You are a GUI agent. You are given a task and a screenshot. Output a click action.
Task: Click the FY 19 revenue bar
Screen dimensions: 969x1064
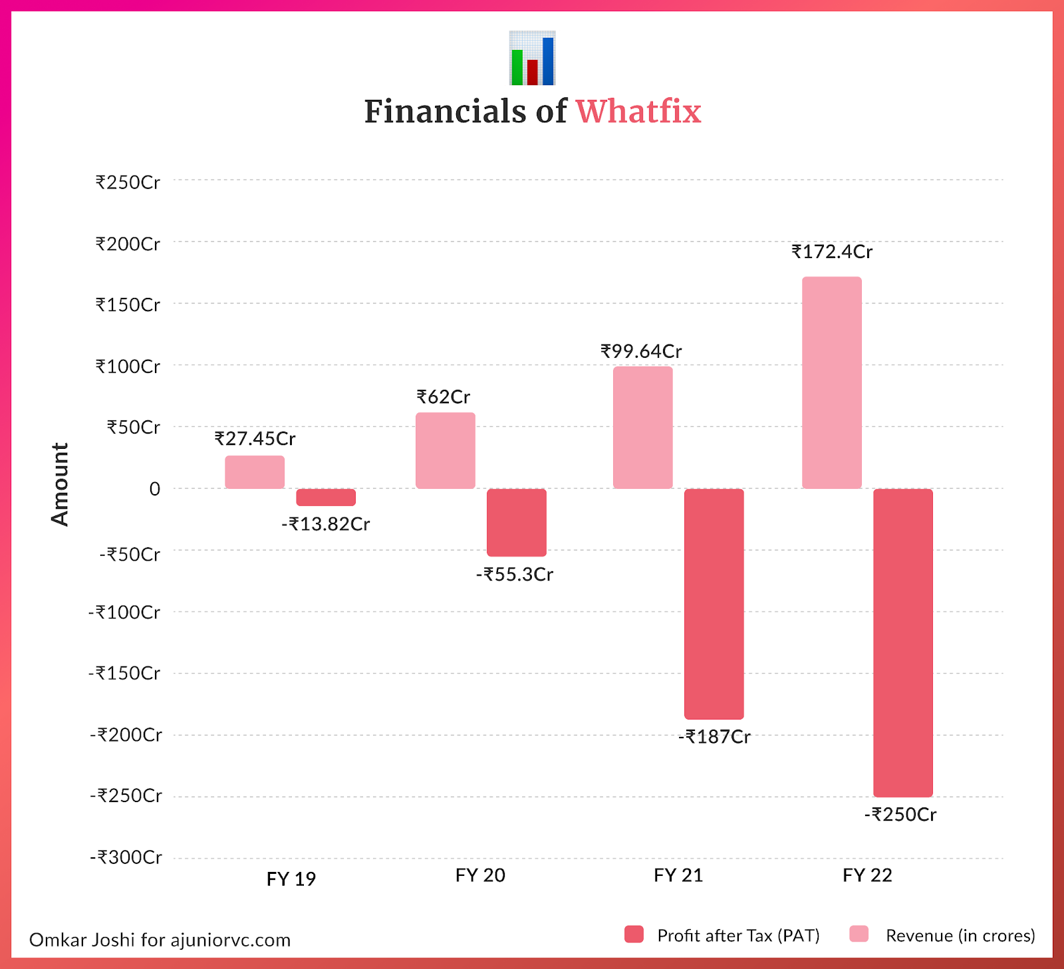click(255, 472)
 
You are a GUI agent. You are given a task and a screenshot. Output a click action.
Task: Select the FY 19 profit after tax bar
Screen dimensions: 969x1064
click(326, 497)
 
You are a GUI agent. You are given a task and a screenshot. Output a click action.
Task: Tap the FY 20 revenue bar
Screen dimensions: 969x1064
click(446, 451)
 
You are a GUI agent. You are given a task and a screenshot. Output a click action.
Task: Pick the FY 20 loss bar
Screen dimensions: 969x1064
click(517, 523)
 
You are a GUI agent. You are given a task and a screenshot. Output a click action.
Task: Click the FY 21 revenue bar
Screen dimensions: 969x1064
click(642, 428)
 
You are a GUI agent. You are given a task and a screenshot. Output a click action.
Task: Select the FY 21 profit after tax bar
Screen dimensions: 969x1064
click(714, 604)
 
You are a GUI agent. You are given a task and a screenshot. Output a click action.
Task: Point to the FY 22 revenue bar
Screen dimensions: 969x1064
click(832, 382)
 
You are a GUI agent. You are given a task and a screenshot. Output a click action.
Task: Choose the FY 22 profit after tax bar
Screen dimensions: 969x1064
click(903, 642)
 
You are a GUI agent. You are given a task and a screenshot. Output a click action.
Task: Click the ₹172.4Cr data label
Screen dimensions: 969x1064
click(832, 252)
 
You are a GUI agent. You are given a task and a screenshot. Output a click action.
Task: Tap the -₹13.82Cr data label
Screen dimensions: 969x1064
click(326, 525)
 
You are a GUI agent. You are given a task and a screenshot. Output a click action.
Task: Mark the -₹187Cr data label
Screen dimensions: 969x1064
click(714, 737)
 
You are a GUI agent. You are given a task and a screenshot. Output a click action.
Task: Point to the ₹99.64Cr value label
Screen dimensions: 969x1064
click(642, 351)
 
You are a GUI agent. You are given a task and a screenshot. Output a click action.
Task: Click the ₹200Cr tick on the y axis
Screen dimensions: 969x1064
click(128, 244)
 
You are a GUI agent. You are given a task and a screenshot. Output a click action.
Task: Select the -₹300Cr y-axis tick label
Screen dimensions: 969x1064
click(126, 857)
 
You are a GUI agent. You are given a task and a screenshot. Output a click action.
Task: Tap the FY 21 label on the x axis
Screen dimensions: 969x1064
click(678, 875)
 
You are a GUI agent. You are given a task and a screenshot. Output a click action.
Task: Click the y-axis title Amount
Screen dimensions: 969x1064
click(60, 484)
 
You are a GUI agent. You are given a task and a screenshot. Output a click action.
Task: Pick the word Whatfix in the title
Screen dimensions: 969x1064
click(638, 111)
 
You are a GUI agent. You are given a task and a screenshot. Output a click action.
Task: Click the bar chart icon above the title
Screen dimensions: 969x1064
click(532, 59)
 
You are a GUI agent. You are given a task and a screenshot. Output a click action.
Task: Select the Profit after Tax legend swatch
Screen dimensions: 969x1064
click(634, 934)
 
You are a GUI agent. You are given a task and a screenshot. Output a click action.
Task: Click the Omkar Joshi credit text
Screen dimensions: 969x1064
click(160, 940)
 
